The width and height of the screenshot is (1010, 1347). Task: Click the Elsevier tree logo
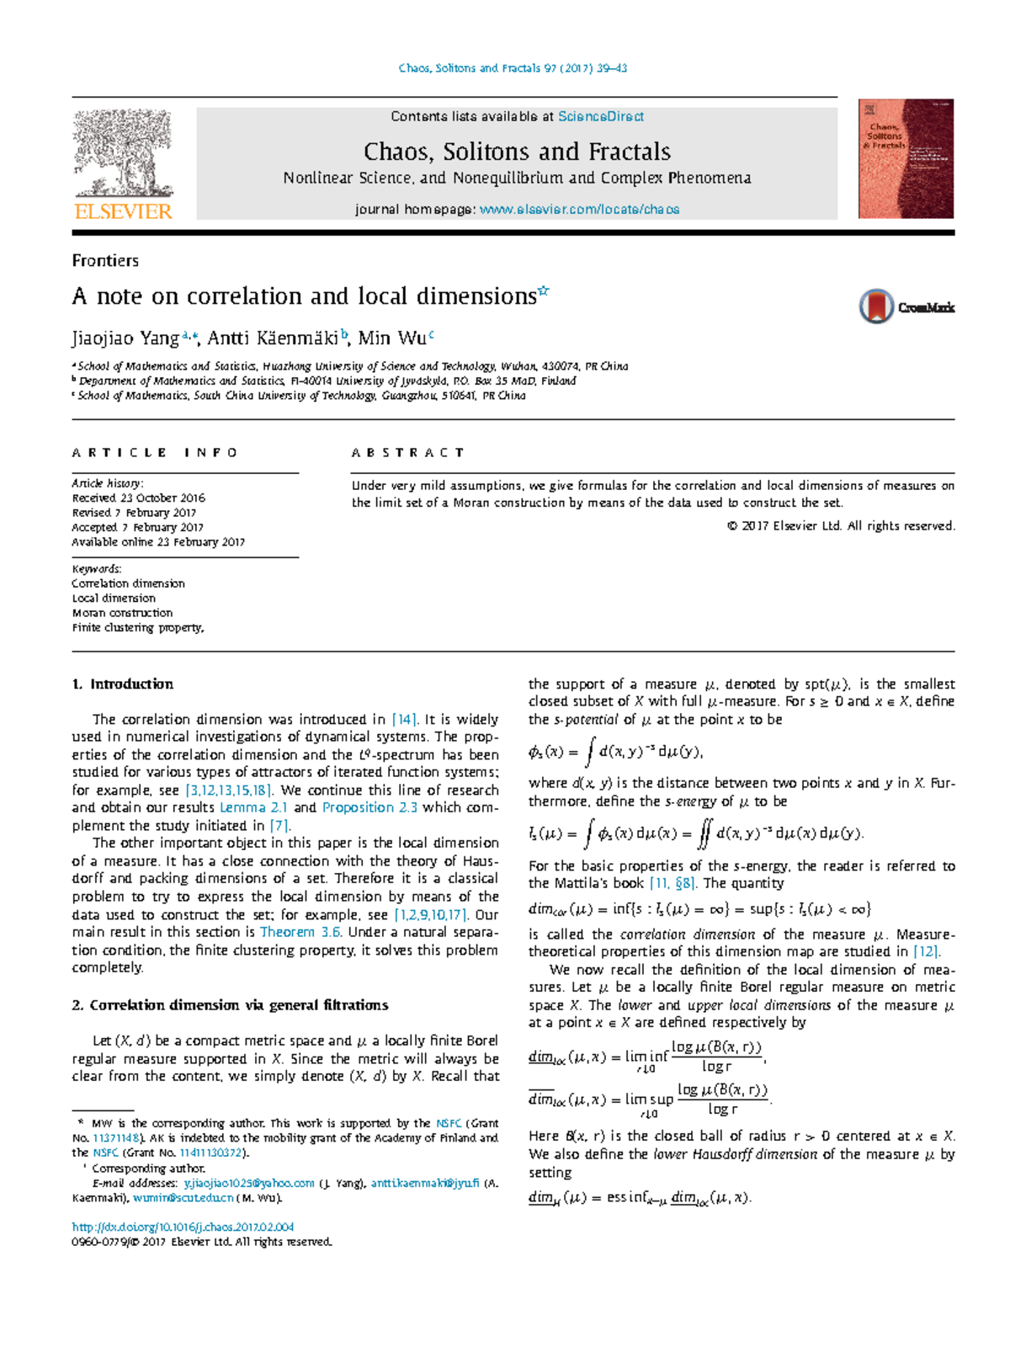coord(123,156)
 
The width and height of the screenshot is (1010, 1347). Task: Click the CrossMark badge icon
coord(876,306)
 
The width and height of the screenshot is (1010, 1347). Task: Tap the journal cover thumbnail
coord(906,159)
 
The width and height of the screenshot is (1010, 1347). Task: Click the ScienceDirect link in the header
coord(601,117)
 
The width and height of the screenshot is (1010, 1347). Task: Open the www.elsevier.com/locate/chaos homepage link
coord(579,210)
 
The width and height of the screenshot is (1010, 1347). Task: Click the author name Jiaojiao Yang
coord(125,338)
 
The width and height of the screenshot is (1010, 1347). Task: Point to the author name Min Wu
coord(391,338)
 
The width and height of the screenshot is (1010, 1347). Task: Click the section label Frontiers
coord(105,261)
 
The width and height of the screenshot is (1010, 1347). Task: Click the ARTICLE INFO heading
coord(155,453)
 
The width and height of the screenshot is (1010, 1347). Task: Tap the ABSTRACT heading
coord(407,453)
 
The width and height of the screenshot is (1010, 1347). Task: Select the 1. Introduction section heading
coord(123,684)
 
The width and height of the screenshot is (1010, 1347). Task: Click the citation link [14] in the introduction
coord(404,720)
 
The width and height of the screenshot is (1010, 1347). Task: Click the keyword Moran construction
coord(122,613)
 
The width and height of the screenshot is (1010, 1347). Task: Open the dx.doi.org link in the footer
coord(183,1227)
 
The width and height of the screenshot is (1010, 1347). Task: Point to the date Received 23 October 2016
coord(138,498)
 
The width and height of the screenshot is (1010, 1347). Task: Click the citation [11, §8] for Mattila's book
coord(672,883)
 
